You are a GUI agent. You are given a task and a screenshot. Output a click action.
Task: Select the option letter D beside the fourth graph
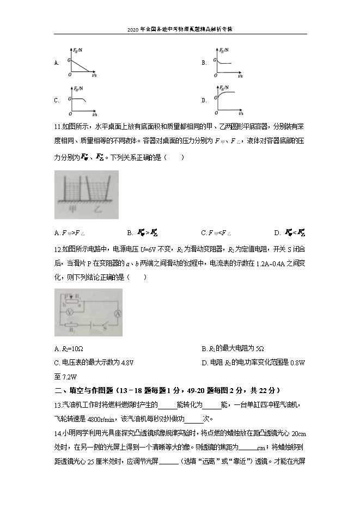click(204, 100)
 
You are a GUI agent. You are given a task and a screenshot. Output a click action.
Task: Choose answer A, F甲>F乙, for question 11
click(70, 234)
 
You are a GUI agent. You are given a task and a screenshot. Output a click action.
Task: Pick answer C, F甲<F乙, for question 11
click(216, 234)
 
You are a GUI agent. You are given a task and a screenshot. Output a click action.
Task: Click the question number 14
click(58, 433)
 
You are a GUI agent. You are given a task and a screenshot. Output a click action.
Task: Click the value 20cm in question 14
click(298, 433)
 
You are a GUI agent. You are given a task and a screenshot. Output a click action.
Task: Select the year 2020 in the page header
click(133, 28)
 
